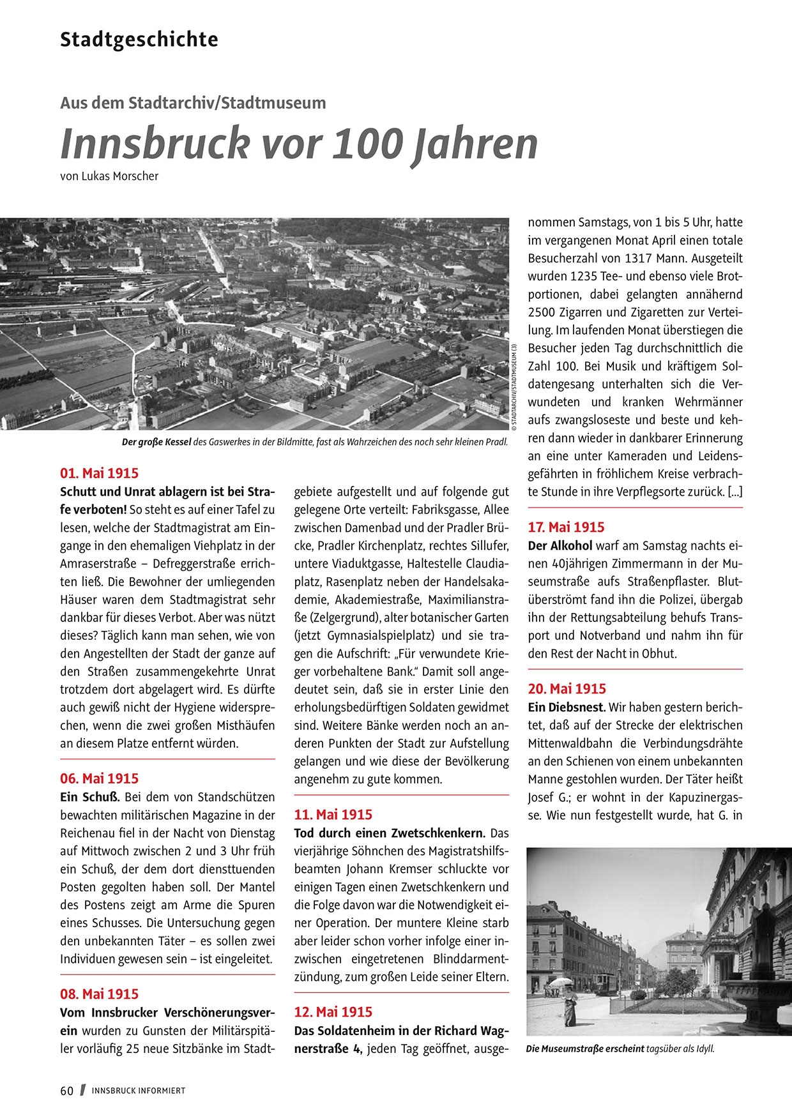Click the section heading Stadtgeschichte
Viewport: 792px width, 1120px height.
[139, 40]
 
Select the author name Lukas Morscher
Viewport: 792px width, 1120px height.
[120, 176]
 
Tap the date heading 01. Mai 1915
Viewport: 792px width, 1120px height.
[99, 473]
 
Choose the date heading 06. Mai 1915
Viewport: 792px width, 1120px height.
[99, 778]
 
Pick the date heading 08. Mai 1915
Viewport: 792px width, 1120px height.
[99, 994]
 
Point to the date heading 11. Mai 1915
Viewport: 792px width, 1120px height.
[333, 815]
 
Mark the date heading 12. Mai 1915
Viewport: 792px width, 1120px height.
[333, 1012]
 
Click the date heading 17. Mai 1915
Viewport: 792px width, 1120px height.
[566, 527]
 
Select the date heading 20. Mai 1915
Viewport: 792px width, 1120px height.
[567, 689]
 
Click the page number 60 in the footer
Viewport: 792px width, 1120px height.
[67, 1091]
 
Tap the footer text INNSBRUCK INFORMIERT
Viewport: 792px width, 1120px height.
[138, 1091]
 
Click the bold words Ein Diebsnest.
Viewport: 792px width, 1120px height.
[567, 708]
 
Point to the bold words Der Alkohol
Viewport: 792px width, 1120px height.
[560, 546]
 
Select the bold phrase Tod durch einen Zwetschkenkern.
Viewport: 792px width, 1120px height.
[390, 833]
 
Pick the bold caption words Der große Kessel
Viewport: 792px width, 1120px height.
[156, 442]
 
